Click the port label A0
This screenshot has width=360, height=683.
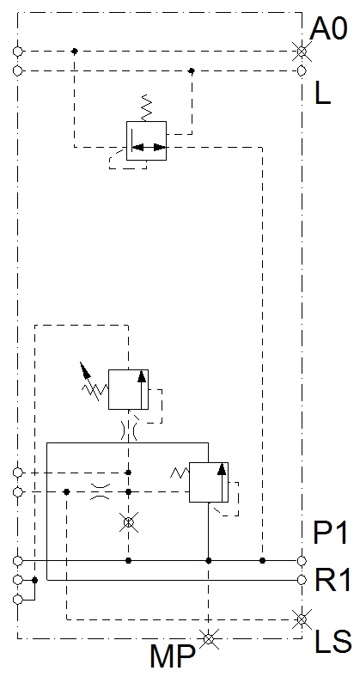point(328,29)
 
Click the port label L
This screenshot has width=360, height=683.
point(322,93)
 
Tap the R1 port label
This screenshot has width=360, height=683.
point(332,580)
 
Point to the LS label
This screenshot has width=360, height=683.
point(333,641)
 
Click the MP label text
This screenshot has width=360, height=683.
point(172,657)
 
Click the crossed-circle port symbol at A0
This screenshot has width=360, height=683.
point(302,52)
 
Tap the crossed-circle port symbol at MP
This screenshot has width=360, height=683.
point(209,638)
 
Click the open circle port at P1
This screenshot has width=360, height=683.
point(302,561)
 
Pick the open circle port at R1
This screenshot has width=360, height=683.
point(302,580)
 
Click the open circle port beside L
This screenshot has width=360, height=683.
point(302,70)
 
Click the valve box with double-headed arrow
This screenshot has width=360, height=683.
point(146,141)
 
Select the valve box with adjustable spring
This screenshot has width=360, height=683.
point(129,389)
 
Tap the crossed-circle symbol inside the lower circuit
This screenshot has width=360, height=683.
point(129,521)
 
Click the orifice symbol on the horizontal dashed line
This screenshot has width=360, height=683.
point(100,491)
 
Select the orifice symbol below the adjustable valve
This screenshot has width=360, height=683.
point(129,431)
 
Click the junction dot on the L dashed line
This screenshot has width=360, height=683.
point(191,70)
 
